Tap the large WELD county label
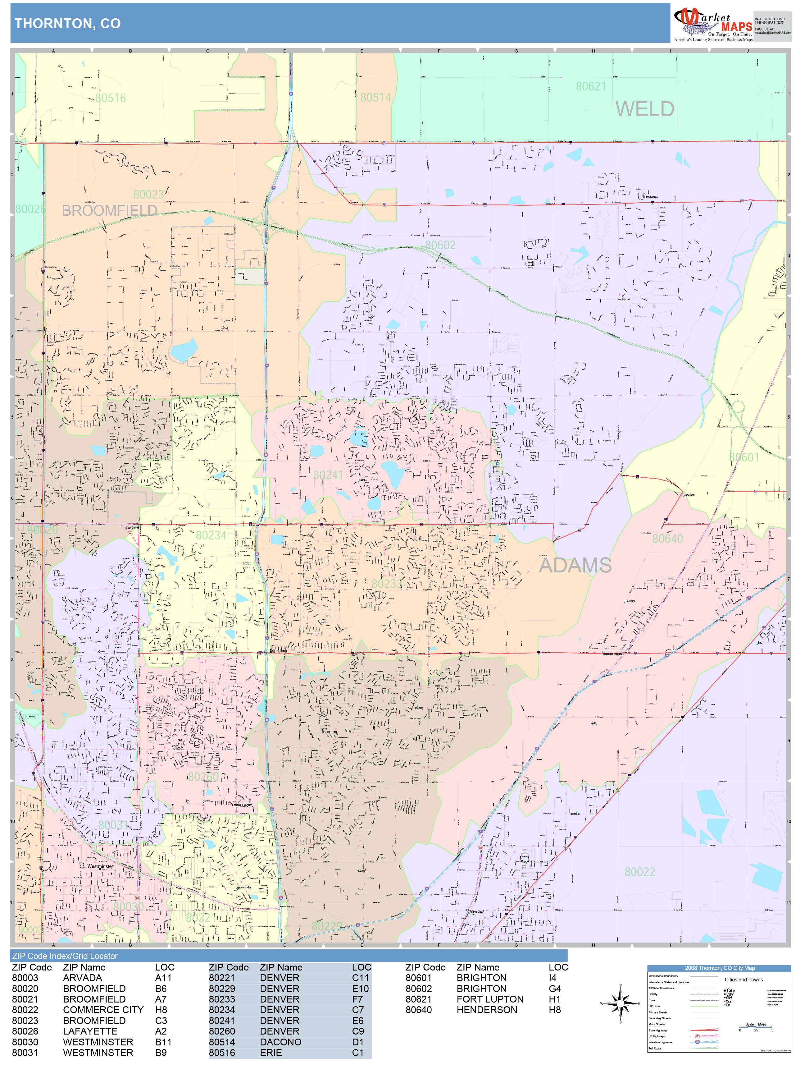[644, 109]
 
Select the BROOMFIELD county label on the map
[109, 211]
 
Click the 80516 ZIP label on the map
[110, 99]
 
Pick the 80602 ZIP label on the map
[440, 245]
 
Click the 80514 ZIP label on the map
[375, 98]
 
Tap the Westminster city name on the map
[100, 866]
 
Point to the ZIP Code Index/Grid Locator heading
[65, 956]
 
